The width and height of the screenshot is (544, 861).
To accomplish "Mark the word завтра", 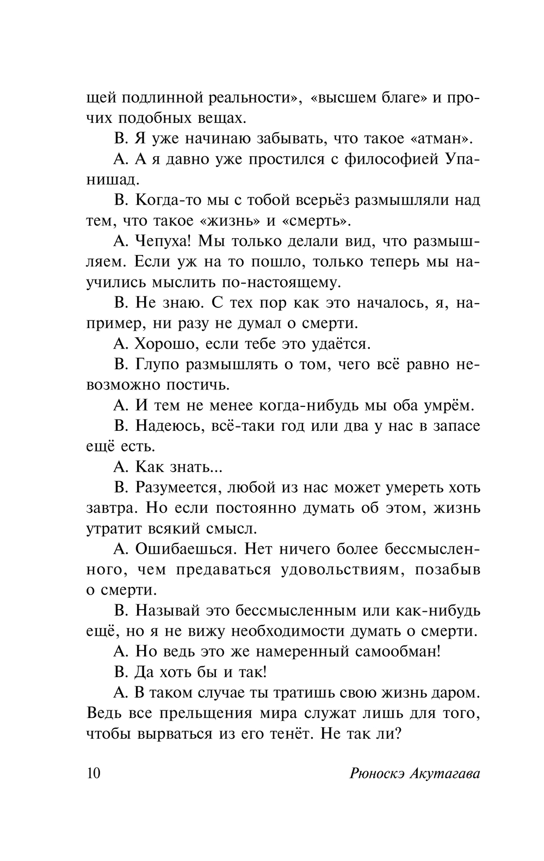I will (x=110, y=508).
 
